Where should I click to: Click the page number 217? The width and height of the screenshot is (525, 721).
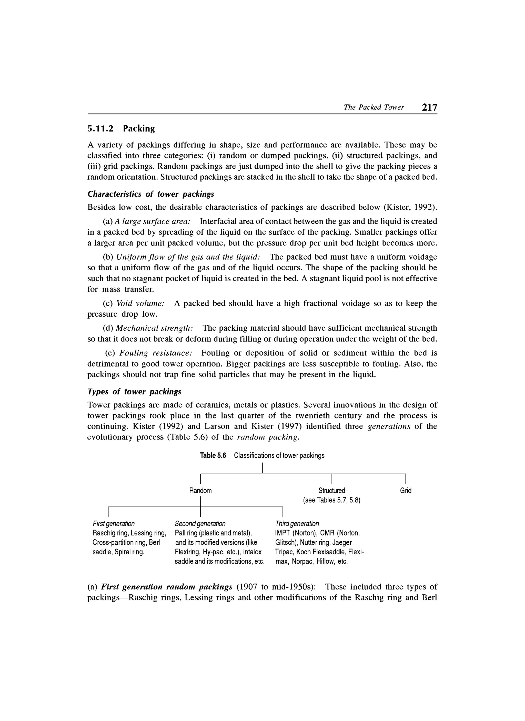(429, 107)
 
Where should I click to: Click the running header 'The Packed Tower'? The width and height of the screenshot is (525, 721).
(373, 107)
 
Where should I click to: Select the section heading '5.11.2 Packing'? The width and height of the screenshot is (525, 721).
(121, 128)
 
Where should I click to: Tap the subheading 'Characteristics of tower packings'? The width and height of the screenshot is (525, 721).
(150, 194)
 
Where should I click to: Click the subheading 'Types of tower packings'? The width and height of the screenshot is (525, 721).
(134, 392)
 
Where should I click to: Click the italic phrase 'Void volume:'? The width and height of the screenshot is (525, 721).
(140, 303)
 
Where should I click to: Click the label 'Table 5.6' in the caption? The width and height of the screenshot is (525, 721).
(213, 456)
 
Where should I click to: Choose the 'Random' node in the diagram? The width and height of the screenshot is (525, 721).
(200, 491)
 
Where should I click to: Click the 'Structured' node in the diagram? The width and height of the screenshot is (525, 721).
(332, 491)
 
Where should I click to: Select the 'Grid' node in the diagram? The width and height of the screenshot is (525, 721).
(406, 491)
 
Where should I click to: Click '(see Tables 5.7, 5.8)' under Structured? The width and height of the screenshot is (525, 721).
(332, 500)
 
